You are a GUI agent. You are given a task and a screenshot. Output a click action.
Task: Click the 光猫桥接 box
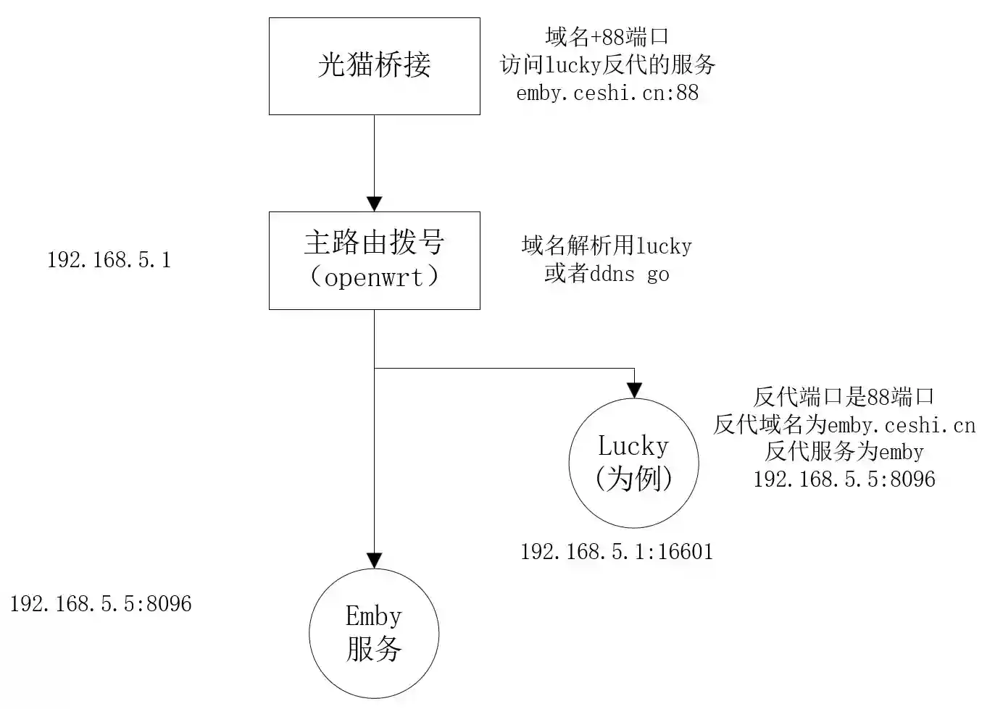(374, 66)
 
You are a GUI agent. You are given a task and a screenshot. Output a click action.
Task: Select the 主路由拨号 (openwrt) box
(374, 260)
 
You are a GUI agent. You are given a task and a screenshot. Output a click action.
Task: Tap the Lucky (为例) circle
(633, 463)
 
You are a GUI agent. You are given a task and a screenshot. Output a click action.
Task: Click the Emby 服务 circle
(374, 633)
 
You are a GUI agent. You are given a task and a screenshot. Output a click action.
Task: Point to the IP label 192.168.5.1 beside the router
(109, 260)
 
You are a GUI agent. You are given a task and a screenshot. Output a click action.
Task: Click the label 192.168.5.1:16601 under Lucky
(617, 552)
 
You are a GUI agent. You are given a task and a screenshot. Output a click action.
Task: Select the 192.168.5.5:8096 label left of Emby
(101, 604)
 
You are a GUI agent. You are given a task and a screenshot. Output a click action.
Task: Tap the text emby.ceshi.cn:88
(607, 93)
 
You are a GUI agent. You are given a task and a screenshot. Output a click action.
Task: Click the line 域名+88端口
(607, 36)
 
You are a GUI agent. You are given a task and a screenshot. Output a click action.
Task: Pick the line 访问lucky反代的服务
(607, 64)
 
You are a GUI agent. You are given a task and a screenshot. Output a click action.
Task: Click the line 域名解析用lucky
(607, 246)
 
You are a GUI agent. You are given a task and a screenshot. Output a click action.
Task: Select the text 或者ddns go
(607, 274)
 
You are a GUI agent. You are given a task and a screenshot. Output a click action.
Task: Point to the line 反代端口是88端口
(844, 397)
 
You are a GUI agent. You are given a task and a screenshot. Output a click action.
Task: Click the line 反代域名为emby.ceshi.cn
(844, 424)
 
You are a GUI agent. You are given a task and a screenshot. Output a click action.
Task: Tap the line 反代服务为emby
(844, 452)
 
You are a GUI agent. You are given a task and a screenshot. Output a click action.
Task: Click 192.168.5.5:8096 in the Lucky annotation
(844, 479)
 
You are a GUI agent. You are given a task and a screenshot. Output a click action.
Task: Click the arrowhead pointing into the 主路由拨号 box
(374, 204)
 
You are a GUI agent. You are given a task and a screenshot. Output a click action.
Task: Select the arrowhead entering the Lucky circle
(634, 391)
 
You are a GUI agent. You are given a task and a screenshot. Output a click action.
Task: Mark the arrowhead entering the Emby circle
(374, 561)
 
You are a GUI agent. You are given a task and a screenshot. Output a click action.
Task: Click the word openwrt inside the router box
(374, 277)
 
